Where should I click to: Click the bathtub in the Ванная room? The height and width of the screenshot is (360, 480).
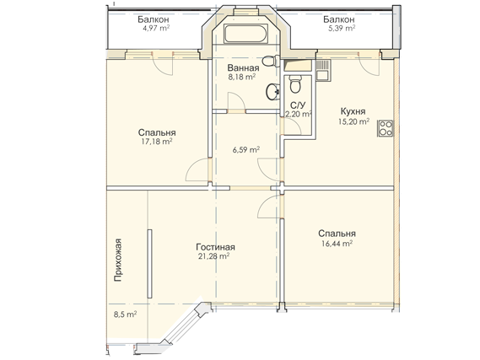point(245,34)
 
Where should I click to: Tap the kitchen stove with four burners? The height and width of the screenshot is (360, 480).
point(386,128)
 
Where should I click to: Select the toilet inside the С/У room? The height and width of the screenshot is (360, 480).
point(295,84)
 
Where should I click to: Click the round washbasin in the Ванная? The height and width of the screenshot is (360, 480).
point(272,92)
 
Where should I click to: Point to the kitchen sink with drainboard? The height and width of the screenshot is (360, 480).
point(323,70)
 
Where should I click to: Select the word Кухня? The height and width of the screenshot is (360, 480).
point(353,110)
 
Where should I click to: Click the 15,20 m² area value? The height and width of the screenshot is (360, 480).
point(353,121)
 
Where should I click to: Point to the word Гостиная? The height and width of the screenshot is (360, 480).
point(215,247)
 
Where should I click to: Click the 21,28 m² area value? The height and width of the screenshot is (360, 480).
point(214,256)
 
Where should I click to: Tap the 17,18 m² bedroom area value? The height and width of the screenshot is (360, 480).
point(156,142)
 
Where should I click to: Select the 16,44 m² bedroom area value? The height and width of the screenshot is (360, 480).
point(337,244)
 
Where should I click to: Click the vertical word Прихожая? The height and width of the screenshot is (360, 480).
point(118,260)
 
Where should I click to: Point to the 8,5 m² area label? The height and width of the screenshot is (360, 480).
point(125,314)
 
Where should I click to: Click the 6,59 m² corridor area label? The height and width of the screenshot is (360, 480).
point(246,150)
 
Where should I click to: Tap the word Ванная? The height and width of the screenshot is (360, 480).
point(243,67)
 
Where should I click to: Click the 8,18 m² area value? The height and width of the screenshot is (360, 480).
point(242,77)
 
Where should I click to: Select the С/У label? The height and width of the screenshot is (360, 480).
point(298,105)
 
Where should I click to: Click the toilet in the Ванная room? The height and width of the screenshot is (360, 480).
point(272,61)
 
